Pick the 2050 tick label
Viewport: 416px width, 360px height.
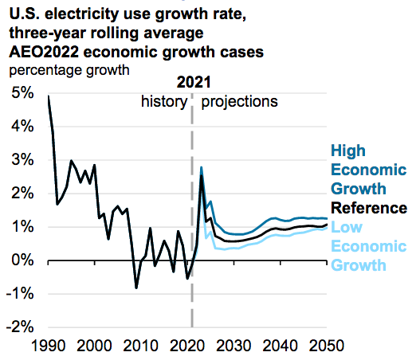[328, 347]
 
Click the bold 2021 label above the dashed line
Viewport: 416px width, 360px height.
[192, 83]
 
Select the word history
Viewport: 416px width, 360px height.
[164, 102]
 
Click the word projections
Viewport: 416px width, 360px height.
[239, 102]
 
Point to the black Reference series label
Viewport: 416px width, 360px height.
[369, 209]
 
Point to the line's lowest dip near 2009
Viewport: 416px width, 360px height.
[136, 288]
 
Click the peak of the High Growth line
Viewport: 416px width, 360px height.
[202, 167]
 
